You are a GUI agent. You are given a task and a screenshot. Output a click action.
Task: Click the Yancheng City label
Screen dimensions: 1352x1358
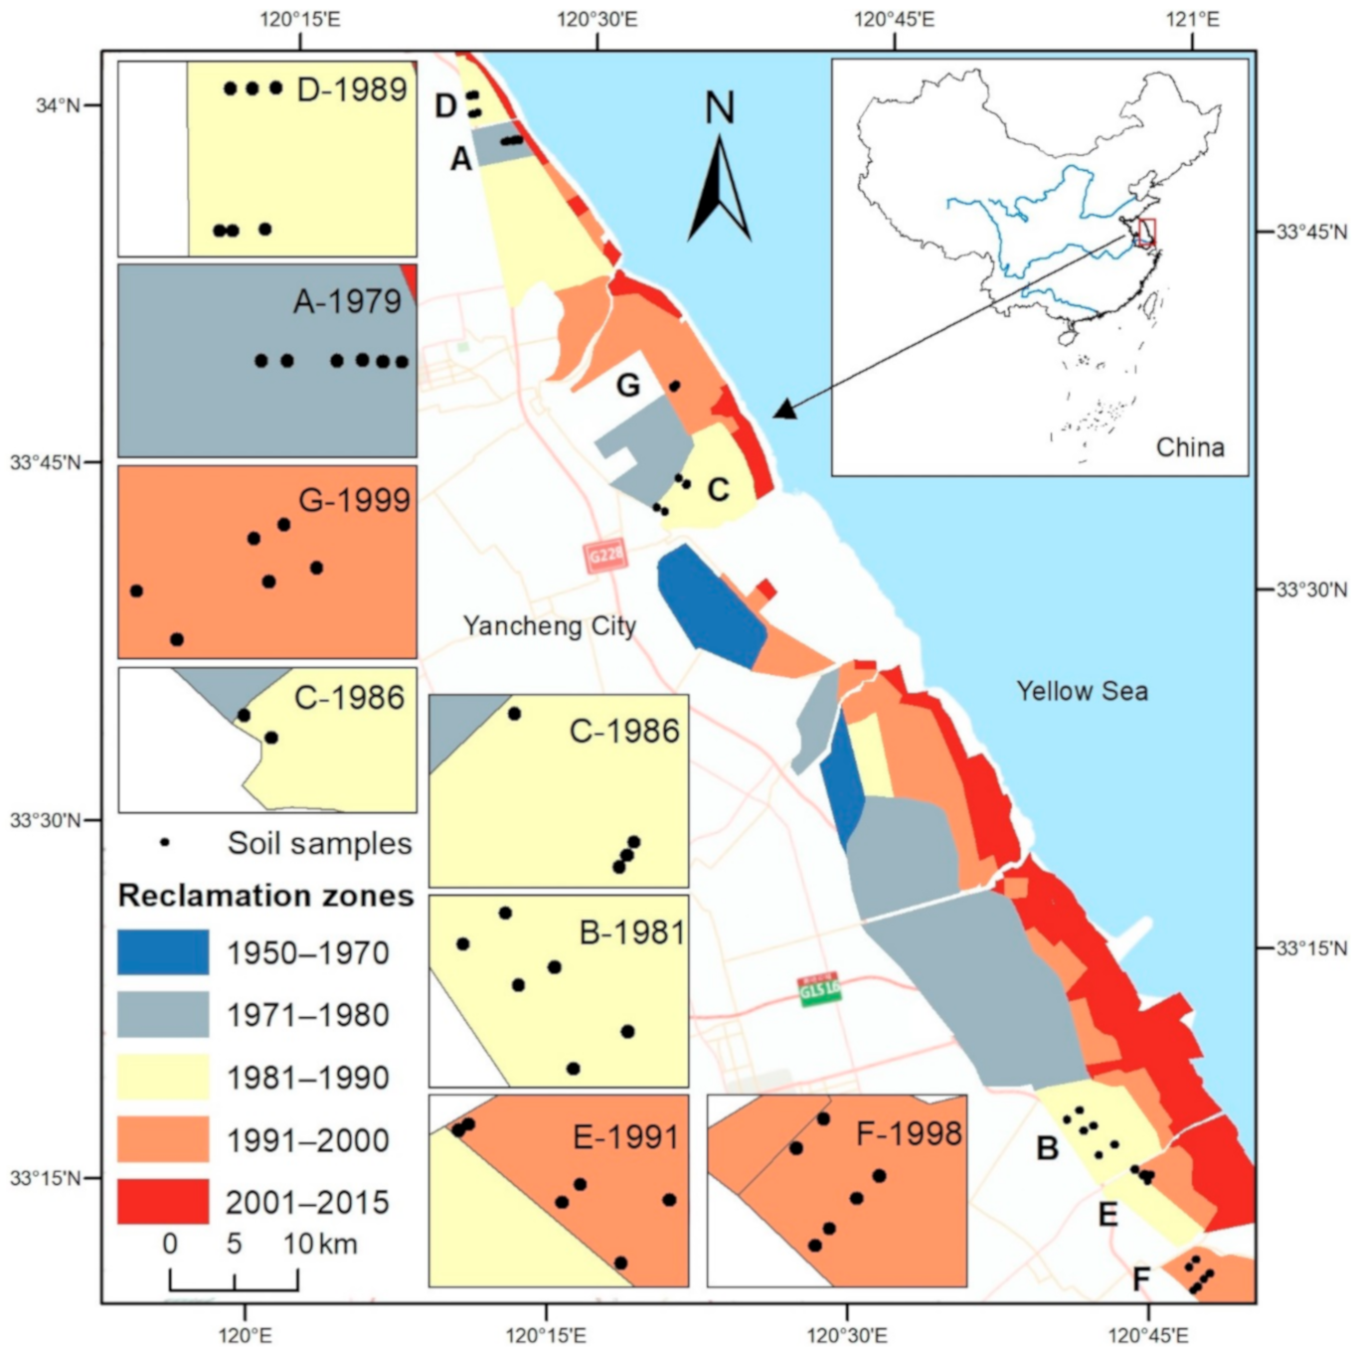coord(549,625)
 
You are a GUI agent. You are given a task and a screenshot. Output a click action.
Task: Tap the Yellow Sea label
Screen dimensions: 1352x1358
coord(1082,691)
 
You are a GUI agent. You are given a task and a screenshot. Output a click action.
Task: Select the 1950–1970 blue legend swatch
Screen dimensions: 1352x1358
coord(163,952)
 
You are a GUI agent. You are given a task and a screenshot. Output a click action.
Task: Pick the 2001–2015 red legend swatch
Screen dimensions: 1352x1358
coord(163,1201)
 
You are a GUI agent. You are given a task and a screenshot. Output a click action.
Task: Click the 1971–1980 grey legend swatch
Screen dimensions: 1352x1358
coord(163,1014)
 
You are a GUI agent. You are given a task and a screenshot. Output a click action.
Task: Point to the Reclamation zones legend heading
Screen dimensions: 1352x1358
coord(265,896)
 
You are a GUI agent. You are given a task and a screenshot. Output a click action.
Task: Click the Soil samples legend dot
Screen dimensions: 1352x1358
coord(165,842)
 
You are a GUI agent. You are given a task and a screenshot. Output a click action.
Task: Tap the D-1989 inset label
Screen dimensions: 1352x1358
coord(352,89)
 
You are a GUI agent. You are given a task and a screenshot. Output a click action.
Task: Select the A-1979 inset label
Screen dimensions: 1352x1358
coord(347,301)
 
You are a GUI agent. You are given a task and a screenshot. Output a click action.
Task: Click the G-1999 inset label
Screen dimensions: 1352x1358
coord(354,500)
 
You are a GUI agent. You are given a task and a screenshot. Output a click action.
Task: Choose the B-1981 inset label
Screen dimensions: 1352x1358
coord(632,932)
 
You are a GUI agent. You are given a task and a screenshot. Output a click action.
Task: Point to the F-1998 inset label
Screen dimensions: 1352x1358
coord(909,1133)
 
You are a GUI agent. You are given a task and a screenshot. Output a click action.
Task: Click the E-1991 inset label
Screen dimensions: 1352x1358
coord(626,1136)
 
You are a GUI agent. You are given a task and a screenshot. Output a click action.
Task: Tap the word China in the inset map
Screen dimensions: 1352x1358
coord(1189,447)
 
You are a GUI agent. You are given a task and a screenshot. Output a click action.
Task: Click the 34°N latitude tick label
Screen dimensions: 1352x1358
coord(58,104)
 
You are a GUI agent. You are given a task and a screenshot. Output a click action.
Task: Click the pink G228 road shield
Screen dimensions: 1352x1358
coord(605,555)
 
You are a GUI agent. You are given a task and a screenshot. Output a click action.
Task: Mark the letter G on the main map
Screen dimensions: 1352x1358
coord(628,385)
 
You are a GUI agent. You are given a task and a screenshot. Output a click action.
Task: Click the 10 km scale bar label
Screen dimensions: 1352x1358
coord(320,1244)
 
